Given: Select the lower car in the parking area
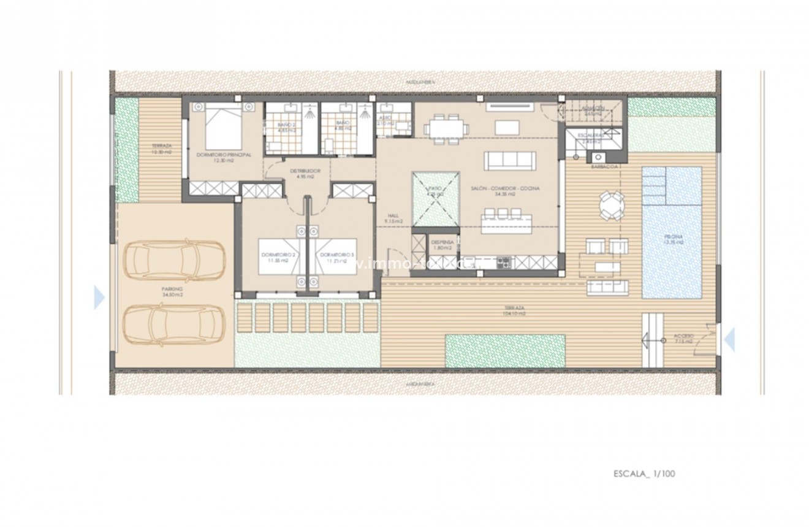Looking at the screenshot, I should coord(174,325).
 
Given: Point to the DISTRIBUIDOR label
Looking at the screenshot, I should coord(300,173).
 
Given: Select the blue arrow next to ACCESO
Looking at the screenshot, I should coord(729,339).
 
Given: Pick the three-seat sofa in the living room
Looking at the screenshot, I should coord(509,160).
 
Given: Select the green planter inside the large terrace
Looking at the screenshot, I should coord(505,350).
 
